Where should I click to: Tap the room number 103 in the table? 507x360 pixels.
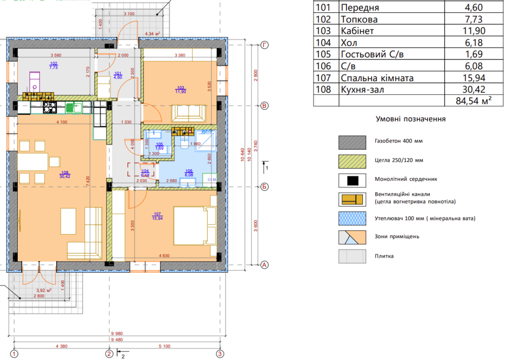click(x=325, y=43)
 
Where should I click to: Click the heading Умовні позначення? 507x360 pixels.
click(x=410, y=119)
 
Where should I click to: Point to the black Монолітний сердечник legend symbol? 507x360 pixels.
click(x=352, y=181)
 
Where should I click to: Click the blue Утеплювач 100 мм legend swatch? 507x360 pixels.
click(x=352, y=219)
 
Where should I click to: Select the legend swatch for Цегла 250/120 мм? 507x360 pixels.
click(x=352, y=161)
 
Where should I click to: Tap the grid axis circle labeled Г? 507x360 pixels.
click(x=264, y=45)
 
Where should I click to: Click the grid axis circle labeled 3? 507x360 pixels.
click(x=220, y=353)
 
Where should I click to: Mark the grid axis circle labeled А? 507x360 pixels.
click(x=264, y=265)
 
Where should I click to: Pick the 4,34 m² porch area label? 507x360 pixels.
click(x=153, y=34)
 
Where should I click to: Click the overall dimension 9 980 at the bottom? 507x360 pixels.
click(x=116, y=334)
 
